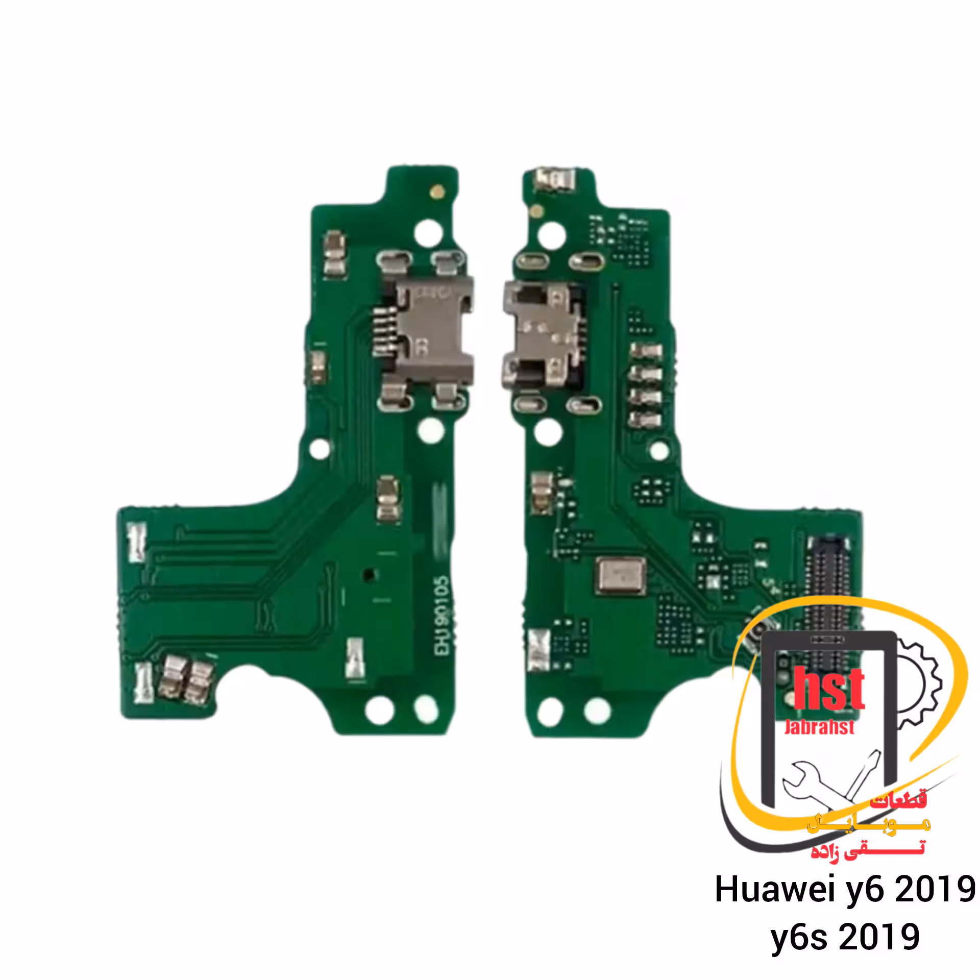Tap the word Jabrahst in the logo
819,727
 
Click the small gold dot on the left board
436,193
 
